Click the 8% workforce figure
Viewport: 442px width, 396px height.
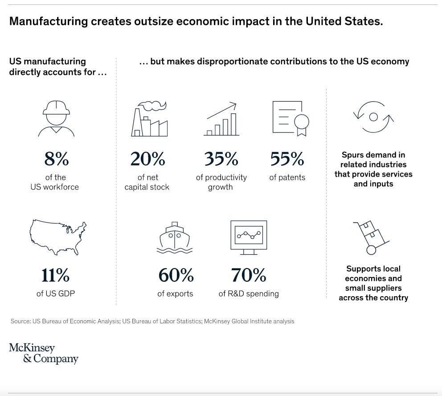(x=56, y=159)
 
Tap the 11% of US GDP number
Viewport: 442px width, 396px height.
(x=55, y=276)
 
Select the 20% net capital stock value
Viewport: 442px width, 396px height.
(x=147, y=159)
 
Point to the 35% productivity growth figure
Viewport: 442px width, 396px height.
(x=221, y=159)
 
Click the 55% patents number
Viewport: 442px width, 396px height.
(x=287, y=159)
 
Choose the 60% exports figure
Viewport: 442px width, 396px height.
(x=176, y=276)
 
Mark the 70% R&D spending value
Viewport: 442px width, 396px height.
(x=249, y=276)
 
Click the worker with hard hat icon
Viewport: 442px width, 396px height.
(x=56, y=118)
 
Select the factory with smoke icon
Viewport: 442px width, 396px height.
(x=149, y=119)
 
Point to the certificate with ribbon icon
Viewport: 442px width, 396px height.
(x=291, y=119)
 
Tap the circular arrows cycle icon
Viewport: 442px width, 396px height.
(x=373, y=117)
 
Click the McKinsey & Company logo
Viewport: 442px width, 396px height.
(x=44, y=353)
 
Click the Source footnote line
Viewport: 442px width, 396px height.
(x=151, y=321)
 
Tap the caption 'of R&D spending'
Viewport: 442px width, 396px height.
(x=249, y=293)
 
